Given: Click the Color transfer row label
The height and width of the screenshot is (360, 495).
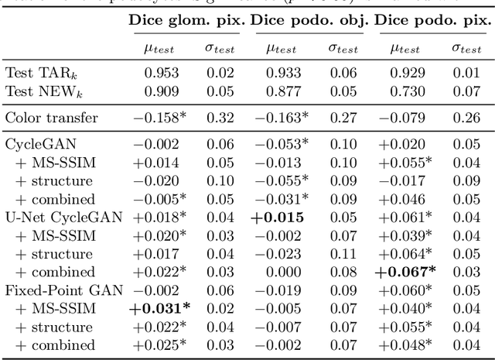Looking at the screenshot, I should pos(52,118).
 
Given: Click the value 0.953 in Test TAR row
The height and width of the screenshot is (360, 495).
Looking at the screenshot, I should pos(161,73).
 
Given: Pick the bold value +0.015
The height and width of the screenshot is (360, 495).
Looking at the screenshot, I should pos(277,218).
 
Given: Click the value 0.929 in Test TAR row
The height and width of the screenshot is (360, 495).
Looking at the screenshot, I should pos(406,73).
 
